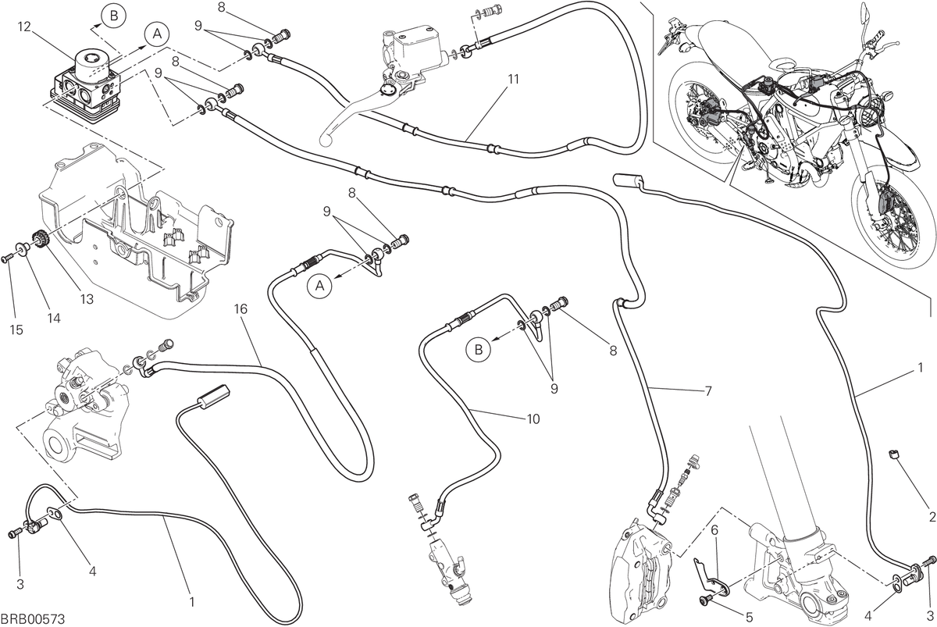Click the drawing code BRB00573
[x=33, y=618]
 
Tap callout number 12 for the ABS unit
[x=24, y=27]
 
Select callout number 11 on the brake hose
[x=513, y=79]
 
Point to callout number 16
[x=241, y=309]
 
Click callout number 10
[x=533, y=419]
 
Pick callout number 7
[x=708, y=391]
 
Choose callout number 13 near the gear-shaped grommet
[x=87, y=299]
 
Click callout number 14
[x=54, y=319]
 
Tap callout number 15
[x=16, y=330]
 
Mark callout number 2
[x=932, y=517]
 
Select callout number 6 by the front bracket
[x=714, y=531]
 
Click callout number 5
[x=749, y=618]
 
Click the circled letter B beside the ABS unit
[x=114, y=16]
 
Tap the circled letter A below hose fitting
[x=319, y=286]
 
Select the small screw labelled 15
[x=6, y=259]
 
